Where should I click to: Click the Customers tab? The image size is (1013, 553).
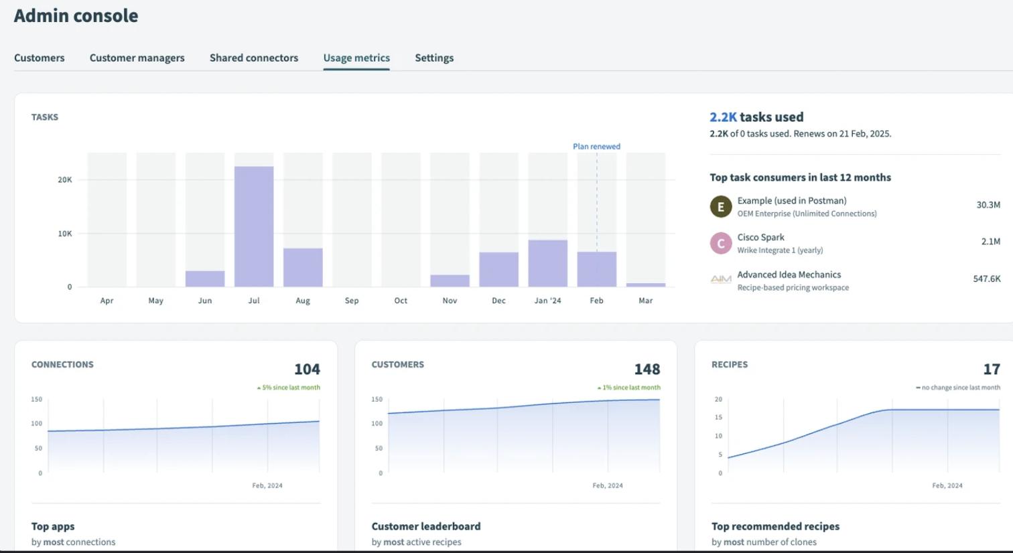40,58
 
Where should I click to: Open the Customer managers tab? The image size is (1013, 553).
137,58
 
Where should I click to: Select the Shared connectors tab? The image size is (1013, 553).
253,58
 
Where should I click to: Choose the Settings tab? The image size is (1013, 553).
434,58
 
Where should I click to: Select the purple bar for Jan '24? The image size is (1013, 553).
547,263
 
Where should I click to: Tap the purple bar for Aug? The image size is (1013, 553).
303,267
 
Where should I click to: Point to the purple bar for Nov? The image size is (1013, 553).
450,281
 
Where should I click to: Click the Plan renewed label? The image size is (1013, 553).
596,147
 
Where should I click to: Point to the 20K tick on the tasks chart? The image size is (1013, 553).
65,180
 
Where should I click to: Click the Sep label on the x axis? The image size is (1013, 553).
352,301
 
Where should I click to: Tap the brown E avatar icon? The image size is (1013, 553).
721,207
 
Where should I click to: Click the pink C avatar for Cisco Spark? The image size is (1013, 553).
721,243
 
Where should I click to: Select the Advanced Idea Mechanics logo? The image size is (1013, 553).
721,280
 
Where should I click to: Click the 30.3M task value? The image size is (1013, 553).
988,205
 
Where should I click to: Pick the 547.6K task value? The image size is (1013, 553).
986,279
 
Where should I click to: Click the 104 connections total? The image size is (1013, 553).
307,370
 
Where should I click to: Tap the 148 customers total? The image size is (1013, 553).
647,370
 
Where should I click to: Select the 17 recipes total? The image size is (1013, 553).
992,370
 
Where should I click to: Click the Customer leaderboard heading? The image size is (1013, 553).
426,526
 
